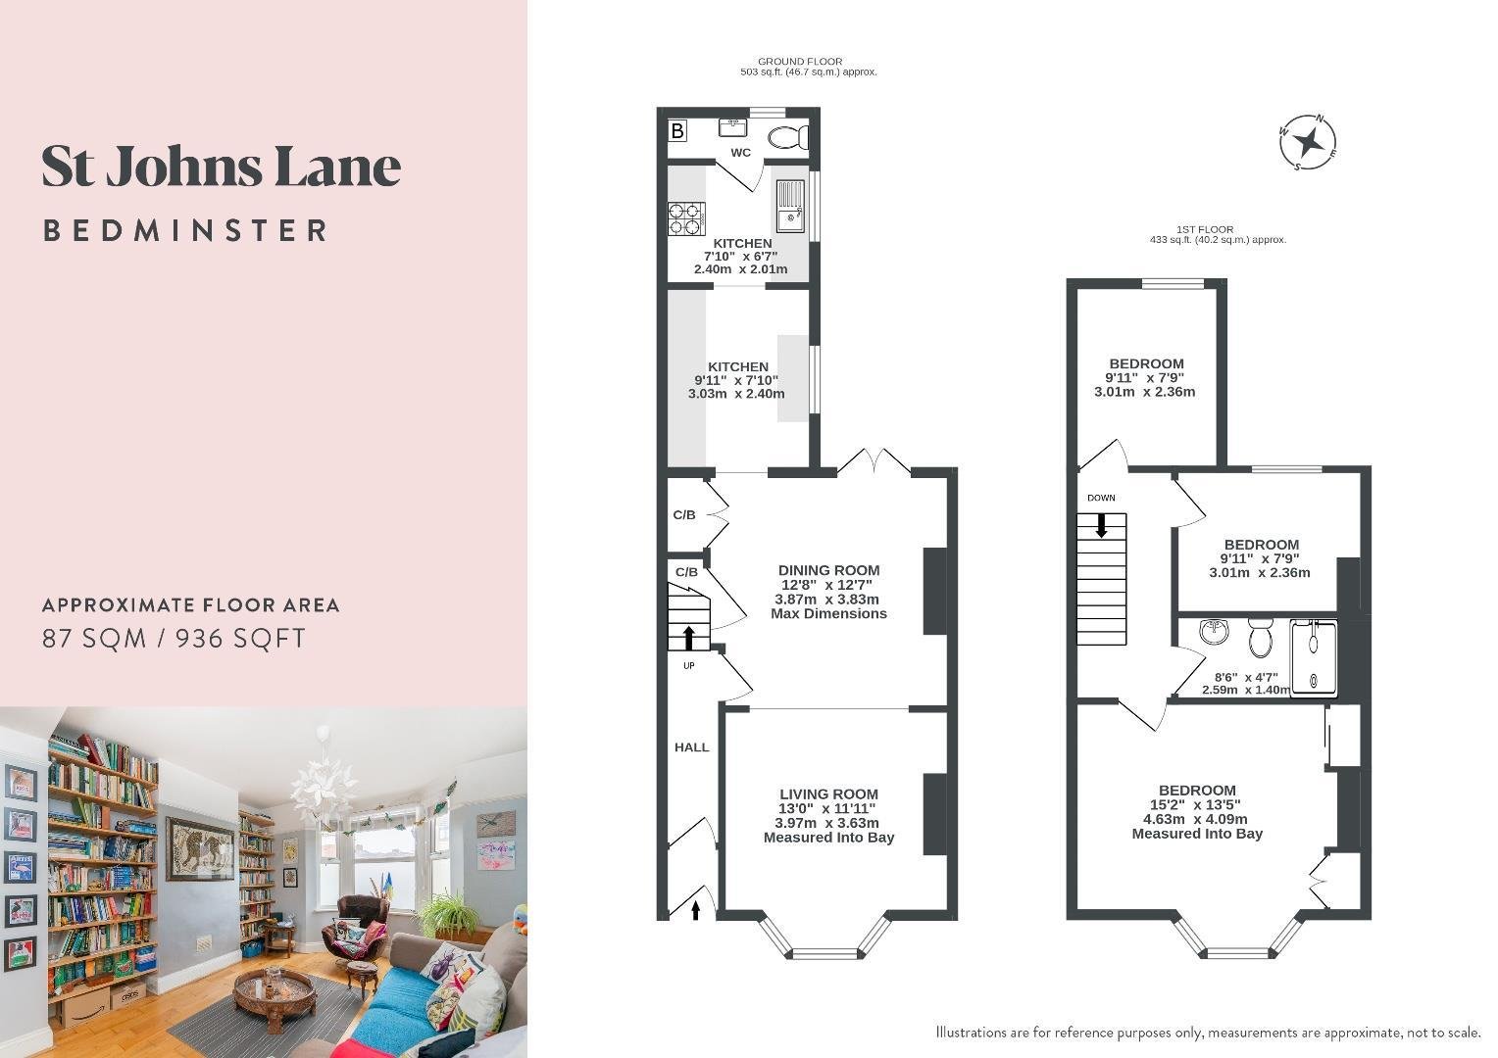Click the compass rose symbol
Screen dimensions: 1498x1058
[1308, 142]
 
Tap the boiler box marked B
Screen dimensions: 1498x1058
[677, 130]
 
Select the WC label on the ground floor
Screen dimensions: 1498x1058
[740, 153]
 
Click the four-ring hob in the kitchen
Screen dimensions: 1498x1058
[686, 218]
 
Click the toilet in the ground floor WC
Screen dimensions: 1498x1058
[788, 138]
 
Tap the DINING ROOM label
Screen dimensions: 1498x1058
[828, 570]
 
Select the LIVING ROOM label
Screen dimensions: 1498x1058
[828, 794]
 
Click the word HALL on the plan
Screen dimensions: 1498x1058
[691, 747]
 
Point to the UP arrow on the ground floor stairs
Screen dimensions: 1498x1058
[688, 638]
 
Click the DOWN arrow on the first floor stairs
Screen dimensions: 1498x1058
[1101, 525]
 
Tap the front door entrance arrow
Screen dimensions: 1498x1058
[695, 910]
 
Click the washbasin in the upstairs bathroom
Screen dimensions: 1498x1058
[1213, 632]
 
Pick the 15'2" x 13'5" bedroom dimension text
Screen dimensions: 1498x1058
[1196, 804]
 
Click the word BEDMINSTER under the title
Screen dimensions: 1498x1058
[185, 230]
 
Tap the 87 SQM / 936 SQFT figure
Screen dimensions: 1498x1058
[174, 639]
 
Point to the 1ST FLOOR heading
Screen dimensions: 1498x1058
[1205, 229]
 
